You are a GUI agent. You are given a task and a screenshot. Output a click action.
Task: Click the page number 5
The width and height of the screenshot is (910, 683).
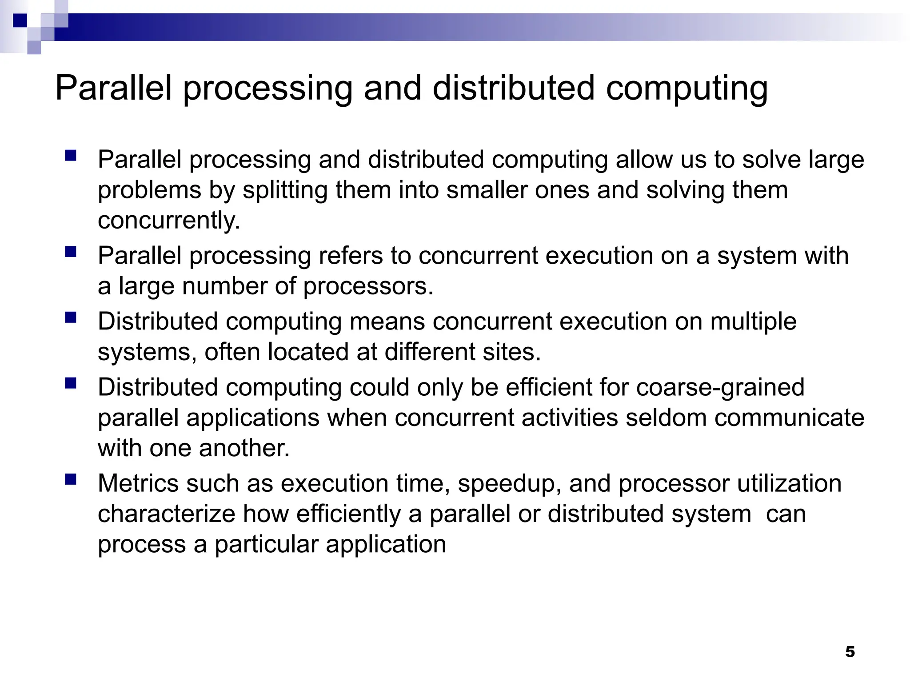(850, 652)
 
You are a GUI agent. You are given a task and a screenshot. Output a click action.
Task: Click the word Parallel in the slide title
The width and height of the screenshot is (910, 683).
(113, 88)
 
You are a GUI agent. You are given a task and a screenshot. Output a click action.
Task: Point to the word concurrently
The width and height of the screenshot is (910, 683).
(169, 221)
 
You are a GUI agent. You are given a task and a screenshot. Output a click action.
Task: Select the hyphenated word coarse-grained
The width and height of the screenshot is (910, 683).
(720, 387)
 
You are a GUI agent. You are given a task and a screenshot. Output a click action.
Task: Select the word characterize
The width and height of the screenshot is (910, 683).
(166, 514)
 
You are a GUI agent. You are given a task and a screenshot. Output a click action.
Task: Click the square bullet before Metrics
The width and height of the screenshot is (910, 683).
(71, 479)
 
